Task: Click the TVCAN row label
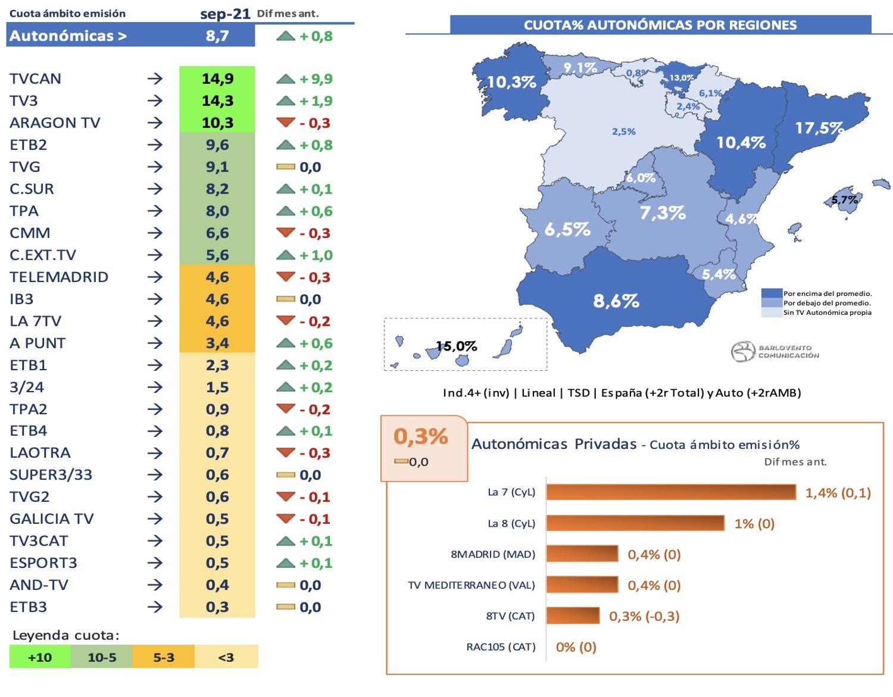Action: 36,79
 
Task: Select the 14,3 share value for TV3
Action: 217,101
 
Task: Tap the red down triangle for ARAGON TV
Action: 286,123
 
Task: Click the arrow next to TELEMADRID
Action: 155,277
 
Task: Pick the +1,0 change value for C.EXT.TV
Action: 316,255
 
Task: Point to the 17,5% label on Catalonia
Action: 819,128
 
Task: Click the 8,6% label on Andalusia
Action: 616,301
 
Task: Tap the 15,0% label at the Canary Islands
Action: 457,346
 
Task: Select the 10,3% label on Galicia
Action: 511,82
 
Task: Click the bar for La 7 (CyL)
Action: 671,492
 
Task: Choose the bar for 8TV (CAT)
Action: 573,615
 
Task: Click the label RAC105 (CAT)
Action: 501,647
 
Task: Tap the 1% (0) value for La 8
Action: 754,524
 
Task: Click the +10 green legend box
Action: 40,657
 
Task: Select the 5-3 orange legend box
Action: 164,657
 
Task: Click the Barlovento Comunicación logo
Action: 775,351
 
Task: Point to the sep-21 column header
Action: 225,14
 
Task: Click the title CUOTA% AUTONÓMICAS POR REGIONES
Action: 660,25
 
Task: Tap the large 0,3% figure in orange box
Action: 421,436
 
